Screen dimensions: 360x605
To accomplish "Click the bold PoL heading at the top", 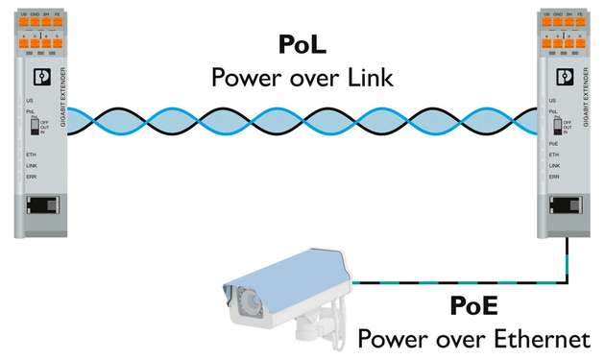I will [x=303, y=45].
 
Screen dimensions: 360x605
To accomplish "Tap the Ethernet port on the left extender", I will [x=41, y=204].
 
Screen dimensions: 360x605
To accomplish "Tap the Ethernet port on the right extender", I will [x=563, y=204].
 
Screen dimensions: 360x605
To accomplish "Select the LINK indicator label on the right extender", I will [x=554, y=165].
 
